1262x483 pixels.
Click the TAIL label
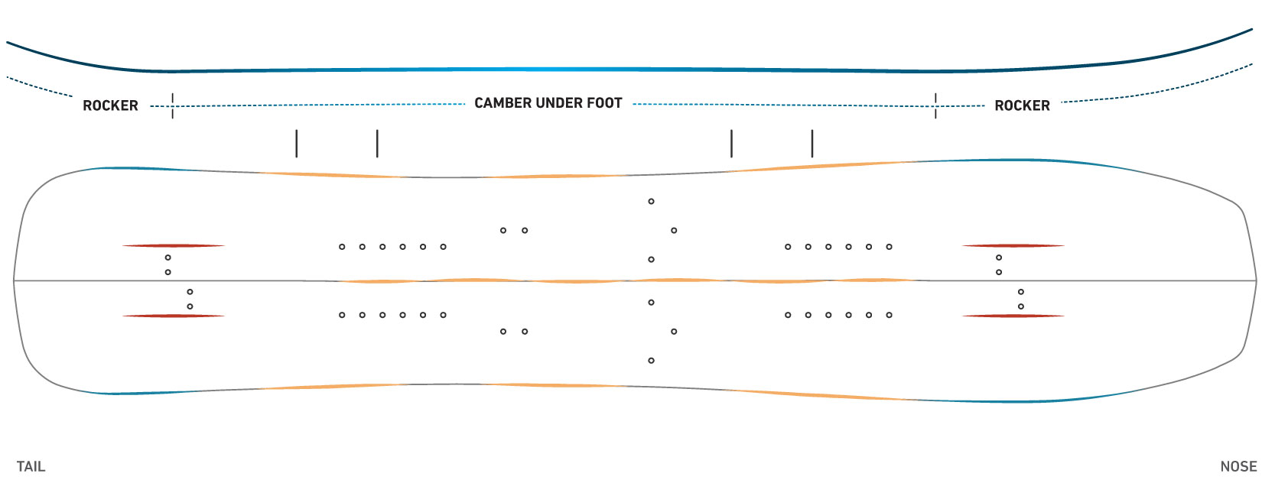tap(31, 467)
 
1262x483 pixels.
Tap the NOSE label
tap(1238, 467)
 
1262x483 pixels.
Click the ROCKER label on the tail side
tap(110, 105)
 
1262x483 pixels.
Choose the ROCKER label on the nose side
tap(1022, 105)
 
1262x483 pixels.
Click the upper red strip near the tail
tap(174, 245)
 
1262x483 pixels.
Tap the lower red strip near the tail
tap(174, 316)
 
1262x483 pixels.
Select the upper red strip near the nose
tap(1013, 245)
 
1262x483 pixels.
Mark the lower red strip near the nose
tap(1013, 316)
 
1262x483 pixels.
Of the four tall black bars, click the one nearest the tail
tap(296, 144)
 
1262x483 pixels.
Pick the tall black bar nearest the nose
tap(812, 144)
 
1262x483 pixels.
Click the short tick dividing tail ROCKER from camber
tap(172, 105)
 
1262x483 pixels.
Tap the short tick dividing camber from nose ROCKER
tap(936, 105)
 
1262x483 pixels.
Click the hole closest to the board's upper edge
tap(652, 201)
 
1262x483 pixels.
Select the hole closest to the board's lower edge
tap(652, 360)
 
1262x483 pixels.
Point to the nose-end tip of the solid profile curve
tap(1252, 29)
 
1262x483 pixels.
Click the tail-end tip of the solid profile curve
tap(8, 42)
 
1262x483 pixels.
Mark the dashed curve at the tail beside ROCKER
tap(40, 86)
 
